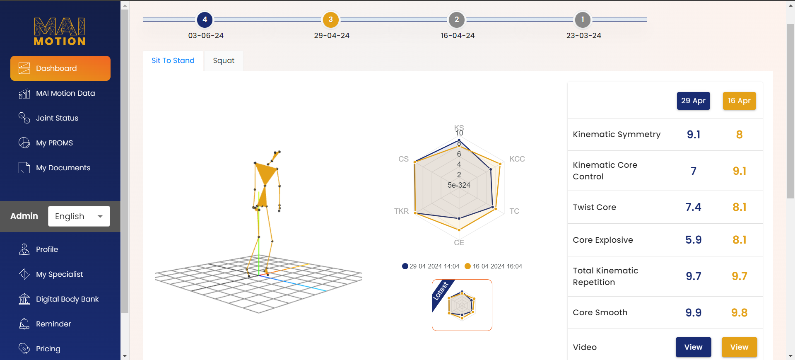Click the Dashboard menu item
click(60, 68)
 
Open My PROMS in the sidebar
click(54, 143)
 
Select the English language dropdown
click(79, 216)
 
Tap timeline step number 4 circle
click(205, 19)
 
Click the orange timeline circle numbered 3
click(330, 19)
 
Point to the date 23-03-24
click(583, 36)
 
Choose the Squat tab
click(224, 60)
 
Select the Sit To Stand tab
click(173, 60)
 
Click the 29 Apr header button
click(693, 101)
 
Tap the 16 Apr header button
click(739, 101)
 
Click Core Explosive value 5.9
click(693, 240)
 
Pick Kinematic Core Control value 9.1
click(739, 171)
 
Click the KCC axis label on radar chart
click(517, 159)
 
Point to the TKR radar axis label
click(401, 211)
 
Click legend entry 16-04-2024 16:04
click(494, 266)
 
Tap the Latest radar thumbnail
click(462, 305)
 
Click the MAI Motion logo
click(60, 31)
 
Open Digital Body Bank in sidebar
click(67, 299)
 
